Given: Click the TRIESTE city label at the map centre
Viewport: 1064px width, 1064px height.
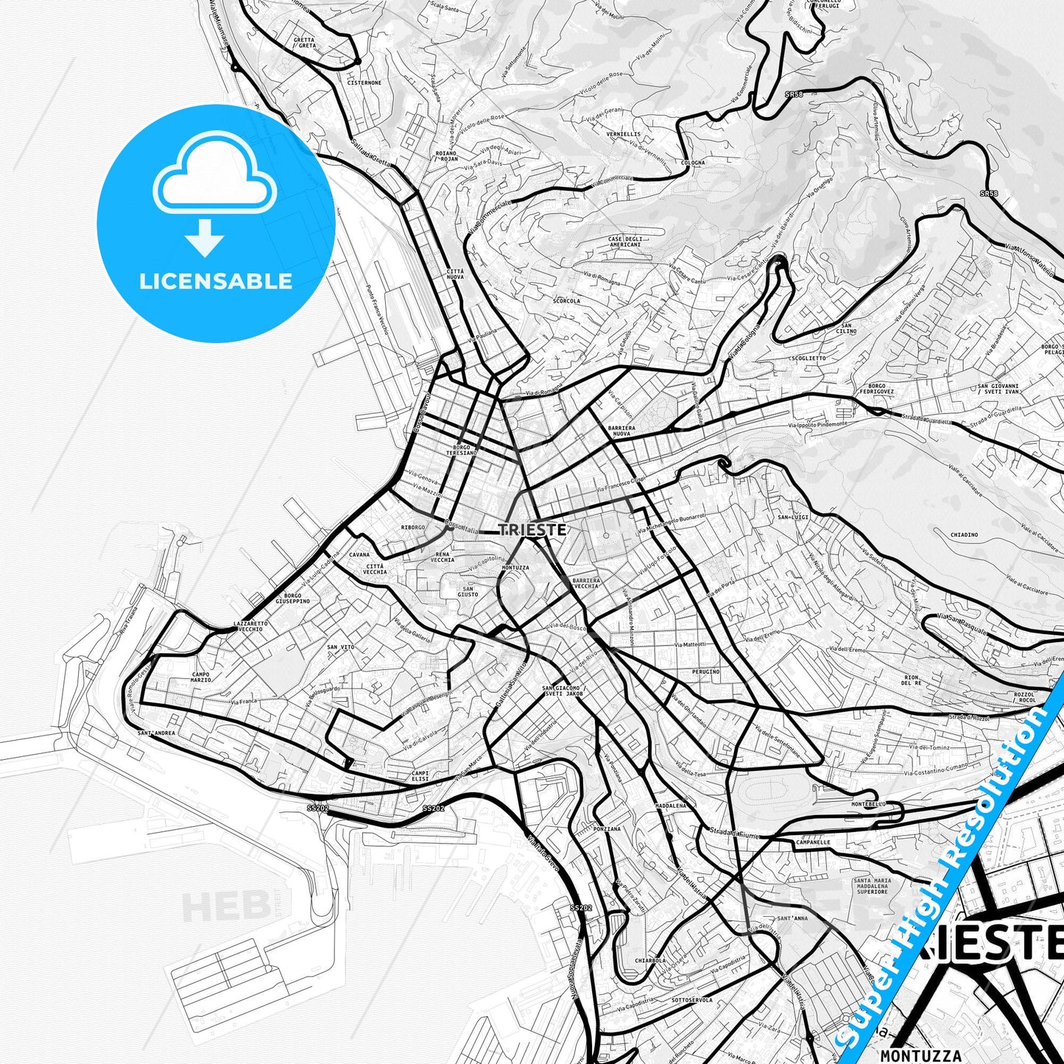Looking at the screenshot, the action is point(532,529).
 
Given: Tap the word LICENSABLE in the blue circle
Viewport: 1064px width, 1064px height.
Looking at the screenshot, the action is point(216,281).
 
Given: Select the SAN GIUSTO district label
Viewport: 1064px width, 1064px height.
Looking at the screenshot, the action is point(468,591).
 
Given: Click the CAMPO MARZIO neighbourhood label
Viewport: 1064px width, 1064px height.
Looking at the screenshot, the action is point(200,677).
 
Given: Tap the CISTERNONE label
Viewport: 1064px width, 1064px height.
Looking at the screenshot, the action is point(364,83).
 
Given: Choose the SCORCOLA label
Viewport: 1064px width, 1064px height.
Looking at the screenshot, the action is point(566,300).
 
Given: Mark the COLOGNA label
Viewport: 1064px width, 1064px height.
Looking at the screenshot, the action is point(693,163).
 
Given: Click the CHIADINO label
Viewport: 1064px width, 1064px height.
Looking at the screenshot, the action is point(964,535).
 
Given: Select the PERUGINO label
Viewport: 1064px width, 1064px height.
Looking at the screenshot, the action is point(705,672).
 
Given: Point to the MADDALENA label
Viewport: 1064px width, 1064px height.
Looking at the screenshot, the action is point(670,806).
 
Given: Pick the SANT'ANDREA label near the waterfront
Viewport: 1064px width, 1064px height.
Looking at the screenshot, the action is point(156,733).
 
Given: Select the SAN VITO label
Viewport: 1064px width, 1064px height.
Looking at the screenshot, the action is point(341,647).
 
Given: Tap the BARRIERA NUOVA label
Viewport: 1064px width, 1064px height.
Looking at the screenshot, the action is point(621,431).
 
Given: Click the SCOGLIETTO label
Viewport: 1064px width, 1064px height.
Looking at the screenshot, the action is point(808,359).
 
